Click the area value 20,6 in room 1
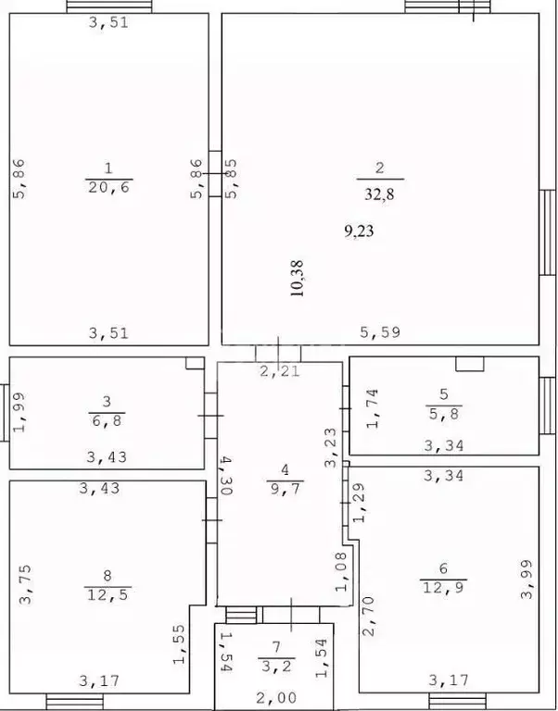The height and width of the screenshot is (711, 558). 108,187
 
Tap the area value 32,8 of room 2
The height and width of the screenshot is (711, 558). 379,194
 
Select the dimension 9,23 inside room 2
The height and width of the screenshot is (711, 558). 359,231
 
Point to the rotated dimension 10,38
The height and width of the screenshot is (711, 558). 298,279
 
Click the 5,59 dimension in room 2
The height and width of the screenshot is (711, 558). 380,332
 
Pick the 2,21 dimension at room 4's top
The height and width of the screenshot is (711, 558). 280,371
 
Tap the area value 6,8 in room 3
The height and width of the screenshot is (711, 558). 107,420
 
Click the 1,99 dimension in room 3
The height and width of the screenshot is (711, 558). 19,412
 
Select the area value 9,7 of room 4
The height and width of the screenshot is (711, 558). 285,489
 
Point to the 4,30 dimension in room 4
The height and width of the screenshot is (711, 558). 225,476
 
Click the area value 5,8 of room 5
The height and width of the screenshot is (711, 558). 444,414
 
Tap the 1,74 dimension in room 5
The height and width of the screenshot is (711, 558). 373,408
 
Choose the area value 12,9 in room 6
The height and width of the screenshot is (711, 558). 443,588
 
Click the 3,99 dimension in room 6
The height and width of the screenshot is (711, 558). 526,580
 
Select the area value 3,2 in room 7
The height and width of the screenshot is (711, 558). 276,667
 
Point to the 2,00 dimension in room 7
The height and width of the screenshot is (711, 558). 276,697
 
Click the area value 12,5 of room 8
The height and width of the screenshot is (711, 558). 108,594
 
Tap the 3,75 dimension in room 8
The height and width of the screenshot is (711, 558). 25,584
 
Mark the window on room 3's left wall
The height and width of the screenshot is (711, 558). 5,413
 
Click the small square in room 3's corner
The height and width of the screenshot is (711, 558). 195,363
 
